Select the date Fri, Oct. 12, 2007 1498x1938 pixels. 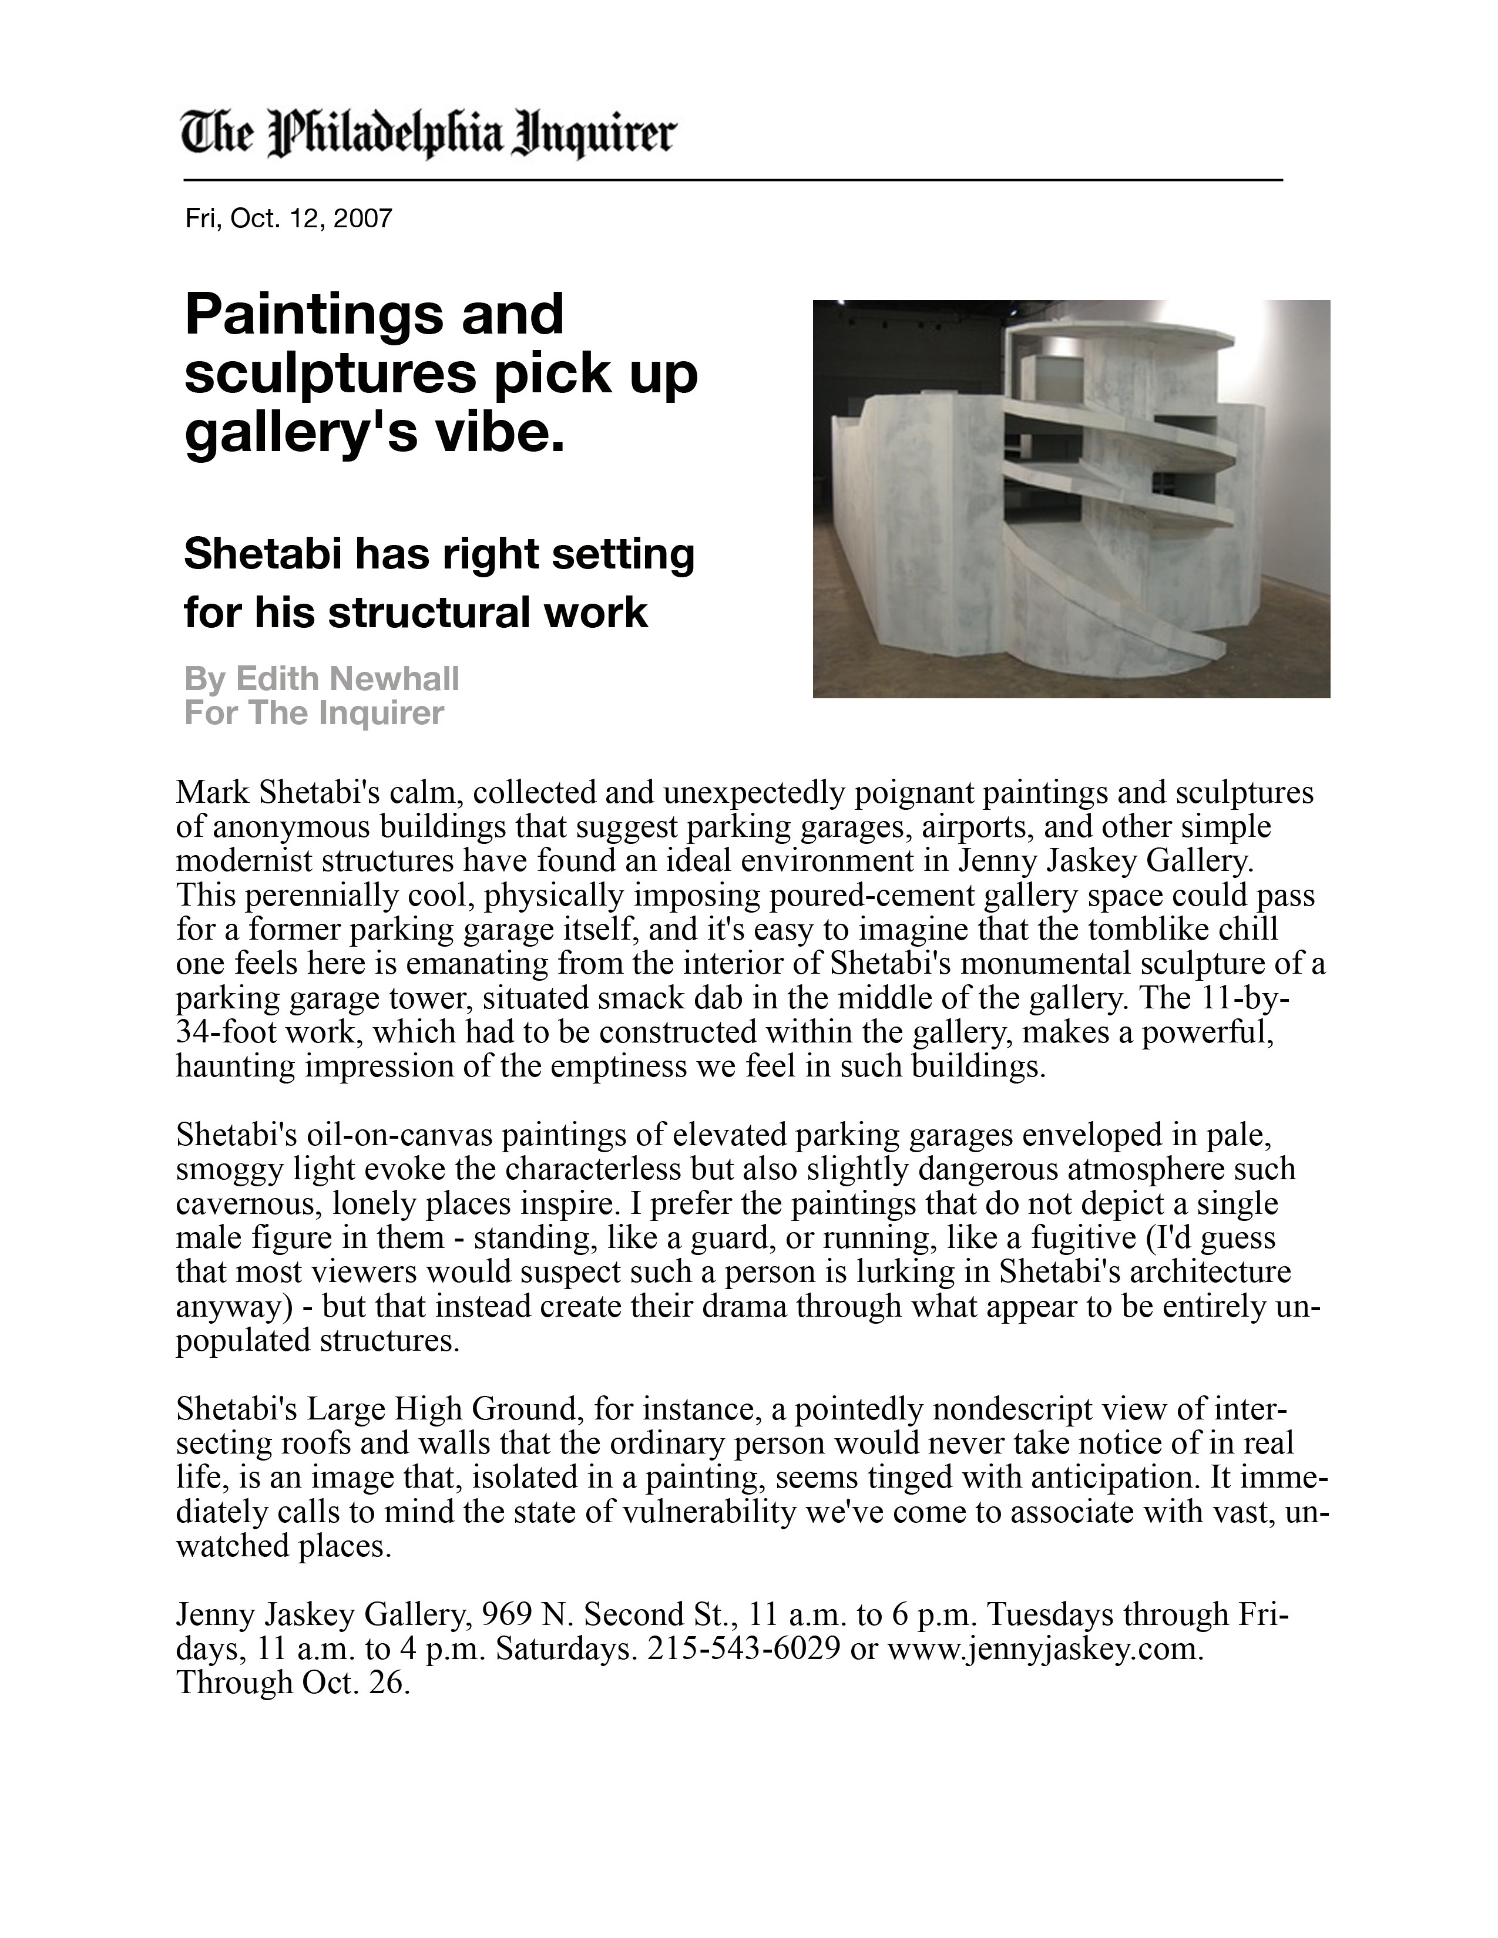point(288,218)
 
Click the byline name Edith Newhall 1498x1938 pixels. point(347,679)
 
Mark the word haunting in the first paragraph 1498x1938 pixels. point(235,1066)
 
